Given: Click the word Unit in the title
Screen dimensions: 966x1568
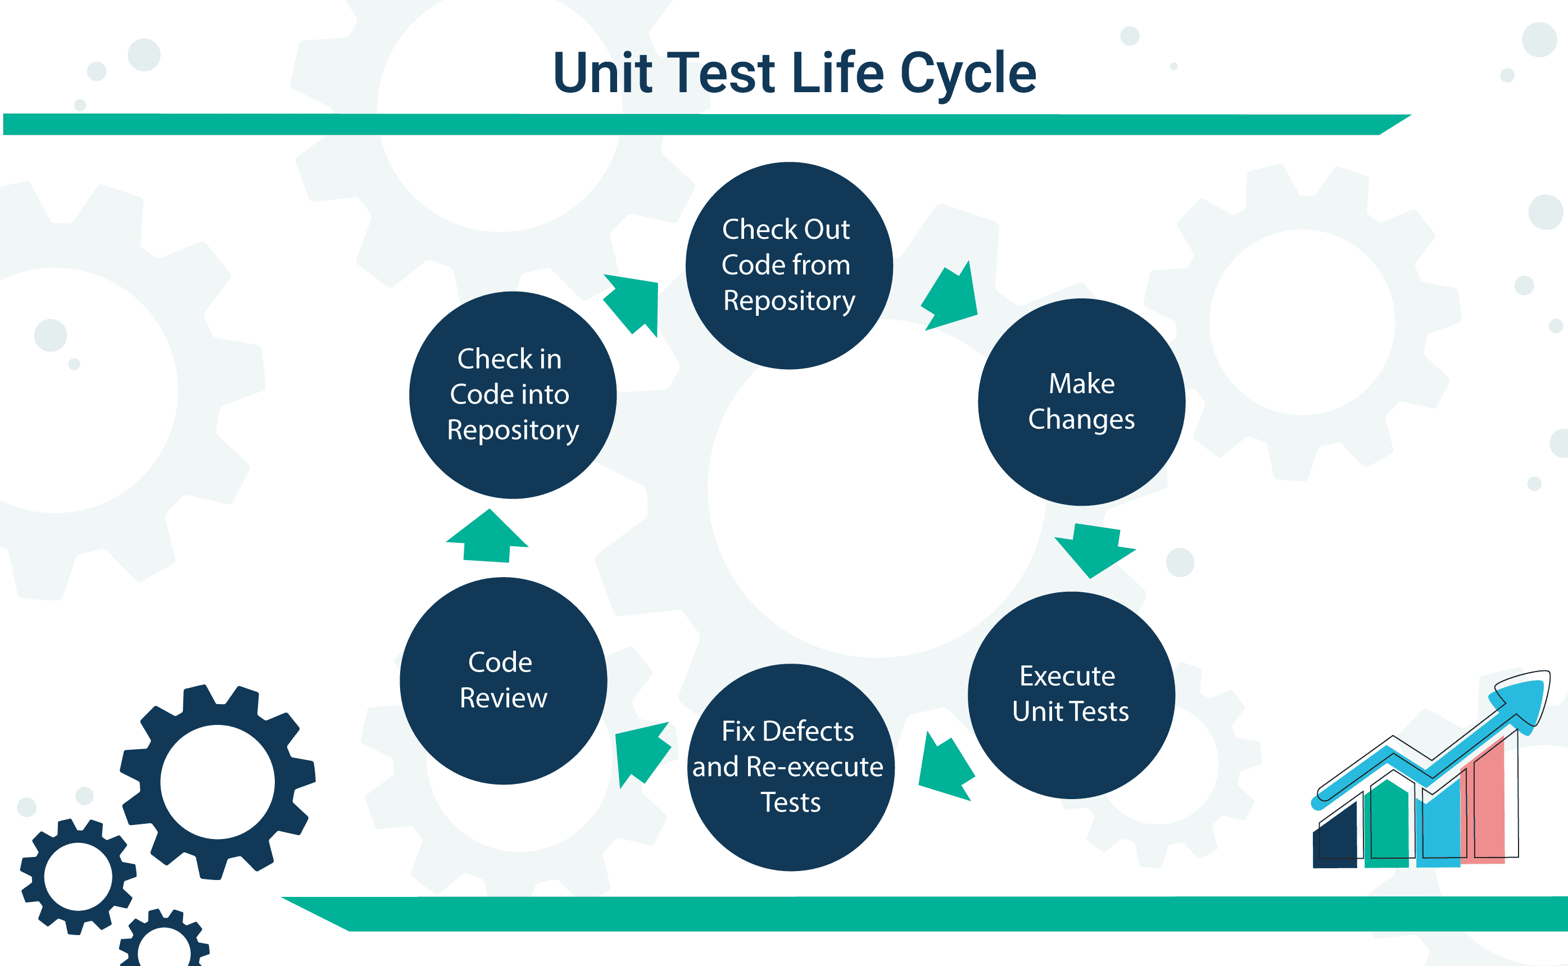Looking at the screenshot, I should pyautogui.click(x=602, y=74).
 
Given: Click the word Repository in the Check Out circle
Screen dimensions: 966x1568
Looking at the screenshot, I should pyautogui.click(x=789, y=300).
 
